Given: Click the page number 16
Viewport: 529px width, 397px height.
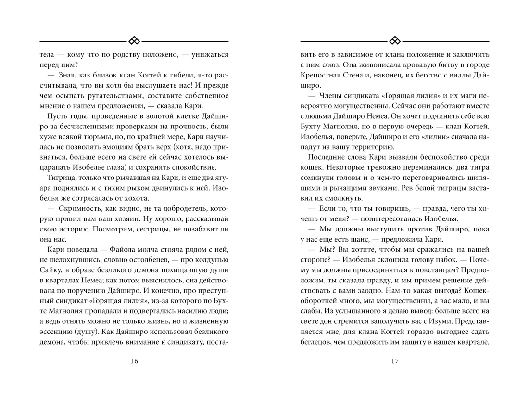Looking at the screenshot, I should point(134,362).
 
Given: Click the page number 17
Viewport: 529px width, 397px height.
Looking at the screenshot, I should point(395,362).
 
